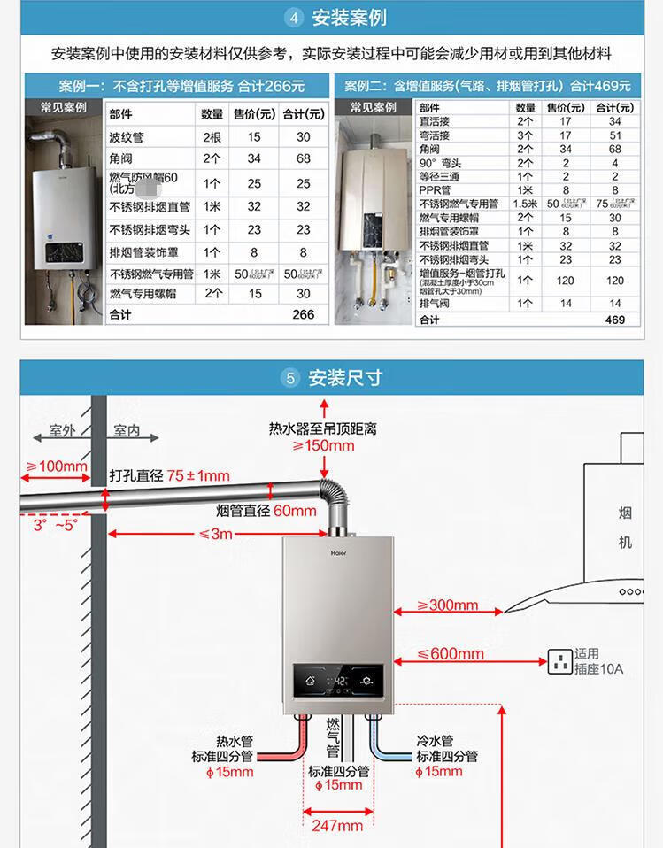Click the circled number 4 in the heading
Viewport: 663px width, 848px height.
[295, 18]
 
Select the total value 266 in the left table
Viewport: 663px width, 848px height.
[303, 314]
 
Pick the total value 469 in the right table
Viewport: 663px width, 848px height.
[614, 320]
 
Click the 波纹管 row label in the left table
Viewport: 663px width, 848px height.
[127, 137]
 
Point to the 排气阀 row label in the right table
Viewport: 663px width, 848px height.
[434, 304]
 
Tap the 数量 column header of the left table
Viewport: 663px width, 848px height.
[212, 114]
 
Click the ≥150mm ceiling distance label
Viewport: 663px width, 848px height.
[323, 445]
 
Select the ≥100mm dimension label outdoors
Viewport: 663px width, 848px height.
[57, 466]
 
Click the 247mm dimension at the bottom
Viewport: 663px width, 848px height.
[337, 826]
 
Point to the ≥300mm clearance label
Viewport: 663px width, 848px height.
[448, 605]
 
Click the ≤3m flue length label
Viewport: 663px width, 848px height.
[215, 534]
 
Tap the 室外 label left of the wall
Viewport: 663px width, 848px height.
[62, 431]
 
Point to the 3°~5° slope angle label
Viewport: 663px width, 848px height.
[55, 524]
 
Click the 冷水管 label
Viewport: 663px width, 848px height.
[435, 741]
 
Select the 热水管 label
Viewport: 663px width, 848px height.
[235, 741]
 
